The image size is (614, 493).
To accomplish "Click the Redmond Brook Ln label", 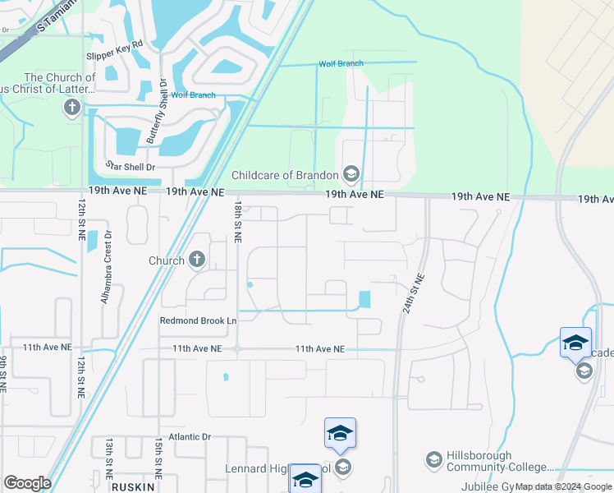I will (x=198, y=320).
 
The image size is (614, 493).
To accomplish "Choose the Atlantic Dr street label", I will (x=190, y=438).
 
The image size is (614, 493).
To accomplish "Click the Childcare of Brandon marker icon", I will (x=351, y=174).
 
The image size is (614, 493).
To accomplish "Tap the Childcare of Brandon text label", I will (x=285, y=175).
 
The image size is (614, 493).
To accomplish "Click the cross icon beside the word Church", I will (x=197, y=260).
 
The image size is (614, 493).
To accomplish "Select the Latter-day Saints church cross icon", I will (x=72, y=107).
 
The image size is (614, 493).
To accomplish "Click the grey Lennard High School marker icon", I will (x=343, y=468).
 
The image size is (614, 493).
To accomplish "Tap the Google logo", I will (x=27, y=483).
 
